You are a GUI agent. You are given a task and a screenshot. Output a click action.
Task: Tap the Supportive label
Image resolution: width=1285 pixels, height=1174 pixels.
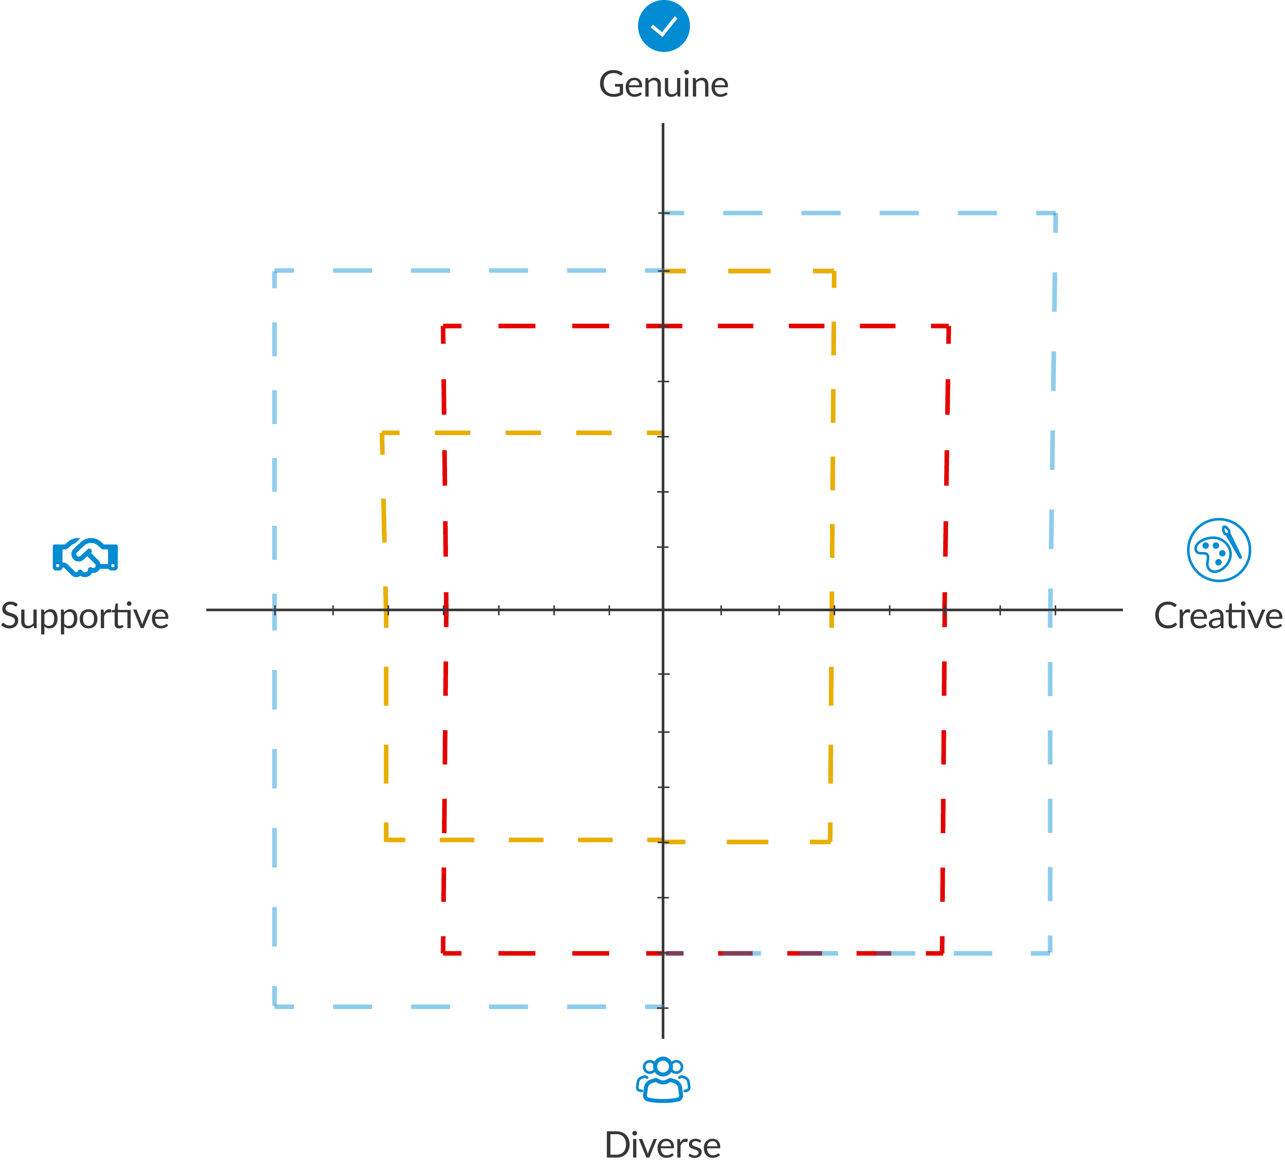click(x=85, y=616)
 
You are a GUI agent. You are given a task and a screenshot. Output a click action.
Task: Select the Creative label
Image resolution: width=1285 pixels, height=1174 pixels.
click(x=1218, y=616)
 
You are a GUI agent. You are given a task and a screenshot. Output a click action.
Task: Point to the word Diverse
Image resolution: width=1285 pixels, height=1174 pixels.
click(x=663, y=1145)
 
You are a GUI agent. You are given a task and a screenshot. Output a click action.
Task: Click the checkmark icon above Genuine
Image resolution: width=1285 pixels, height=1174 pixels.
click(x=664, y=26)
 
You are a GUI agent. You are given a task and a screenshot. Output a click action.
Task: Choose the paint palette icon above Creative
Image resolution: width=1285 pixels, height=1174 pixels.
click(x=1219, y=550)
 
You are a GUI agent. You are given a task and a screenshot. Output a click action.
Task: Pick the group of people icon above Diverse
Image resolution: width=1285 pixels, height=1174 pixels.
click(x=663, y=1080)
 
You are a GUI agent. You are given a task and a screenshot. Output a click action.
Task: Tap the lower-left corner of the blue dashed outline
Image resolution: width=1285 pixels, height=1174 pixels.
click(x=274, y=1007)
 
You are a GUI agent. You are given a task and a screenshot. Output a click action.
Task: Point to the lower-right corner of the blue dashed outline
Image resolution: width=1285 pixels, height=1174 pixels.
click(x=1050, y=953)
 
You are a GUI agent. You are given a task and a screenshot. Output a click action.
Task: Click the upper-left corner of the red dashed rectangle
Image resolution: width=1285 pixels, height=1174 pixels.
click(x=443, y=326)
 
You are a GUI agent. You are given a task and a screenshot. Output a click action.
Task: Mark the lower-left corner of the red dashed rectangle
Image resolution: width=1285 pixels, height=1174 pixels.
click(x=443, y=953)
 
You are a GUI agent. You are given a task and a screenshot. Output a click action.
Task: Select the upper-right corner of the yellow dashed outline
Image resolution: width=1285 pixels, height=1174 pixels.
click(x=834, y=272)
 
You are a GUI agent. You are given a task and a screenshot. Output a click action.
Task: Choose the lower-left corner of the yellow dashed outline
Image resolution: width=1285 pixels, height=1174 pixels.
click(x=385, y=840)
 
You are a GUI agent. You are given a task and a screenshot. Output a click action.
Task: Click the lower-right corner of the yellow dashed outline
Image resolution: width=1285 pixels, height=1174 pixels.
click(x=830, y=842)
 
